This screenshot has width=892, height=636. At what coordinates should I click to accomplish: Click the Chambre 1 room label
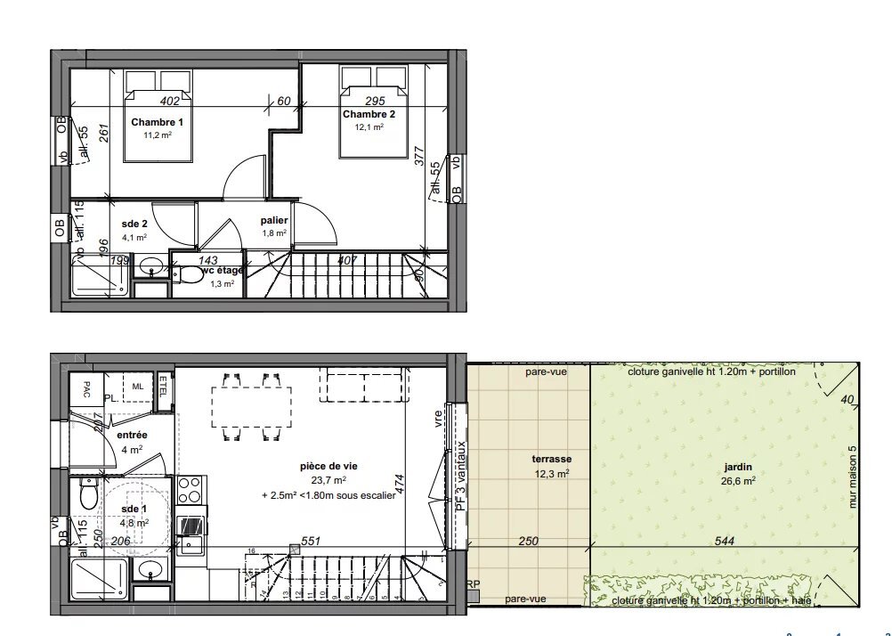click(157, 122)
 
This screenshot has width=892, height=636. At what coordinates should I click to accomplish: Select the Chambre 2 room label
click(369, 114)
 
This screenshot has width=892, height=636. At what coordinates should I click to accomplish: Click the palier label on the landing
click(273, 220)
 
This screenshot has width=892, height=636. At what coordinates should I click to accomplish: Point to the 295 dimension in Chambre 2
click(375, 101)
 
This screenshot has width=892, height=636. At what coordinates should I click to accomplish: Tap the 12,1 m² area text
click(369, 127)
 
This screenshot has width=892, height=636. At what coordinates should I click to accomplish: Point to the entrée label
click(132, 435)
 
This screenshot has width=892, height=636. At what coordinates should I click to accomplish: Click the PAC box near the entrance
click(86, 388)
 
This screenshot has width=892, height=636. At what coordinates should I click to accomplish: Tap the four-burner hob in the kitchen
click(191, 489)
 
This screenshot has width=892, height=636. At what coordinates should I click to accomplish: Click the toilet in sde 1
click(88, 493)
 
